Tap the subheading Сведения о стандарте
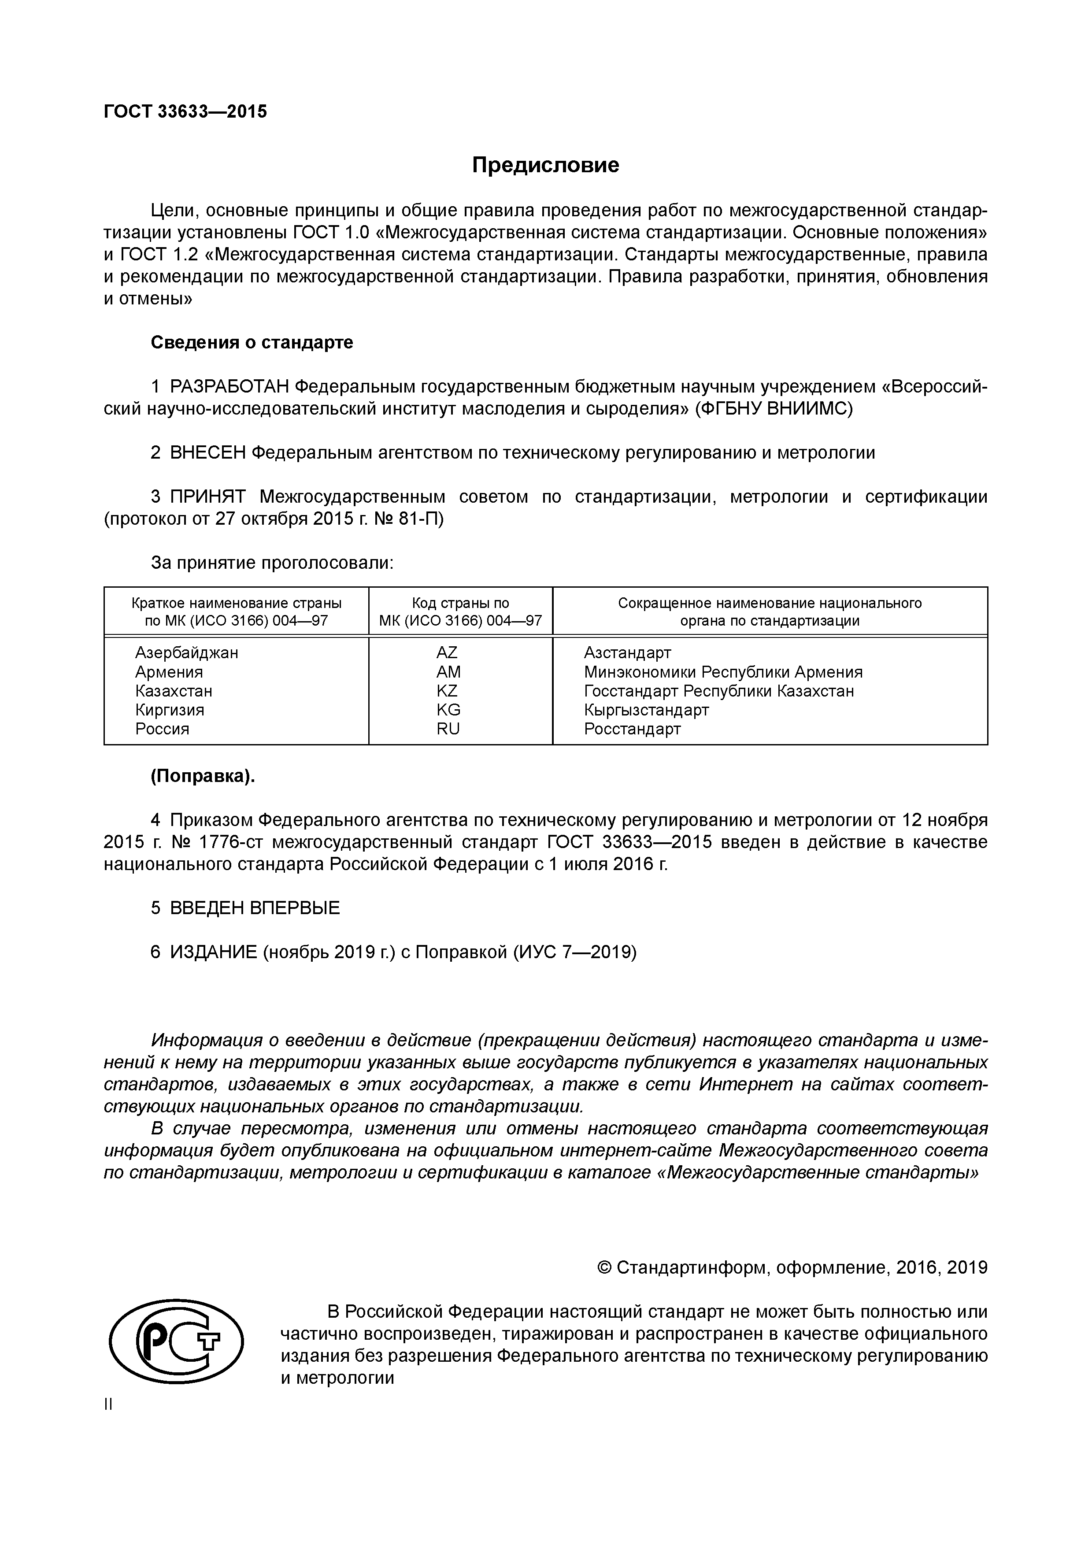(x=252, y=342)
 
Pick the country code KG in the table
(x=448, y=709)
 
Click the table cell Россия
(x=162, y=729)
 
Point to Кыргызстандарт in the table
(x=646, y=709)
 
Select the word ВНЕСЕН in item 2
(x=208, y=453)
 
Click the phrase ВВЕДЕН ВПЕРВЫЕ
(x=254, y=908)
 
